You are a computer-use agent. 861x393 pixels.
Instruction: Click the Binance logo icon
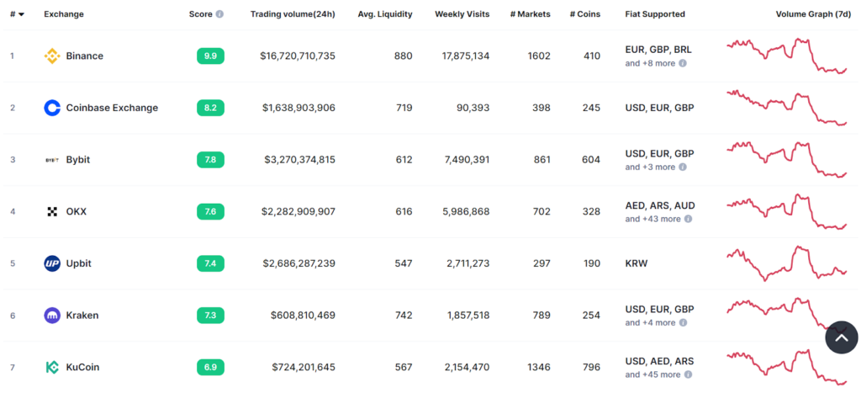click(52, 56)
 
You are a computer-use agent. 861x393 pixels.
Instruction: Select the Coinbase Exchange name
click(112, 108)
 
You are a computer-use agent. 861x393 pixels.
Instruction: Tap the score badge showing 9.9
click(210, 56)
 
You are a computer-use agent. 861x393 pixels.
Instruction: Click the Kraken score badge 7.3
click(210, 316)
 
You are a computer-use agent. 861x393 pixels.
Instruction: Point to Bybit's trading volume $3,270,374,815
click(299, 160)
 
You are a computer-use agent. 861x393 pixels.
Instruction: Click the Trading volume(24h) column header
click(293, 14)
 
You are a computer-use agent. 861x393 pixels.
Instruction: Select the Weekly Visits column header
click(462, 14)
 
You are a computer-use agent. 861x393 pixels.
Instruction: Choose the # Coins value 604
click(591, 160)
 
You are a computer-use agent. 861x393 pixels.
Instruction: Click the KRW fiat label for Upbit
click(637, 263)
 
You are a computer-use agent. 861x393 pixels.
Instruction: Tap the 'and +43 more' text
click(652, 219)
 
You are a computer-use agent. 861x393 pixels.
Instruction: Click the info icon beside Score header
click(219, 14)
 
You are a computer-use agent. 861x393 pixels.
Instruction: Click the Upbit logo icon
click(52, 263)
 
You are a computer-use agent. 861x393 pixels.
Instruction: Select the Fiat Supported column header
click(655, 14)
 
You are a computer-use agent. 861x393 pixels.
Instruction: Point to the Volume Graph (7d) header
click(811, 14)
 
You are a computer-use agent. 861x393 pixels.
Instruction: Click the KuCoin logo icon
click(52, 367)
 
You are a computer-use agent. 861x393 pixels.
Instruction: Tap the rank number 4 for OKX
click(13, 211)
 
